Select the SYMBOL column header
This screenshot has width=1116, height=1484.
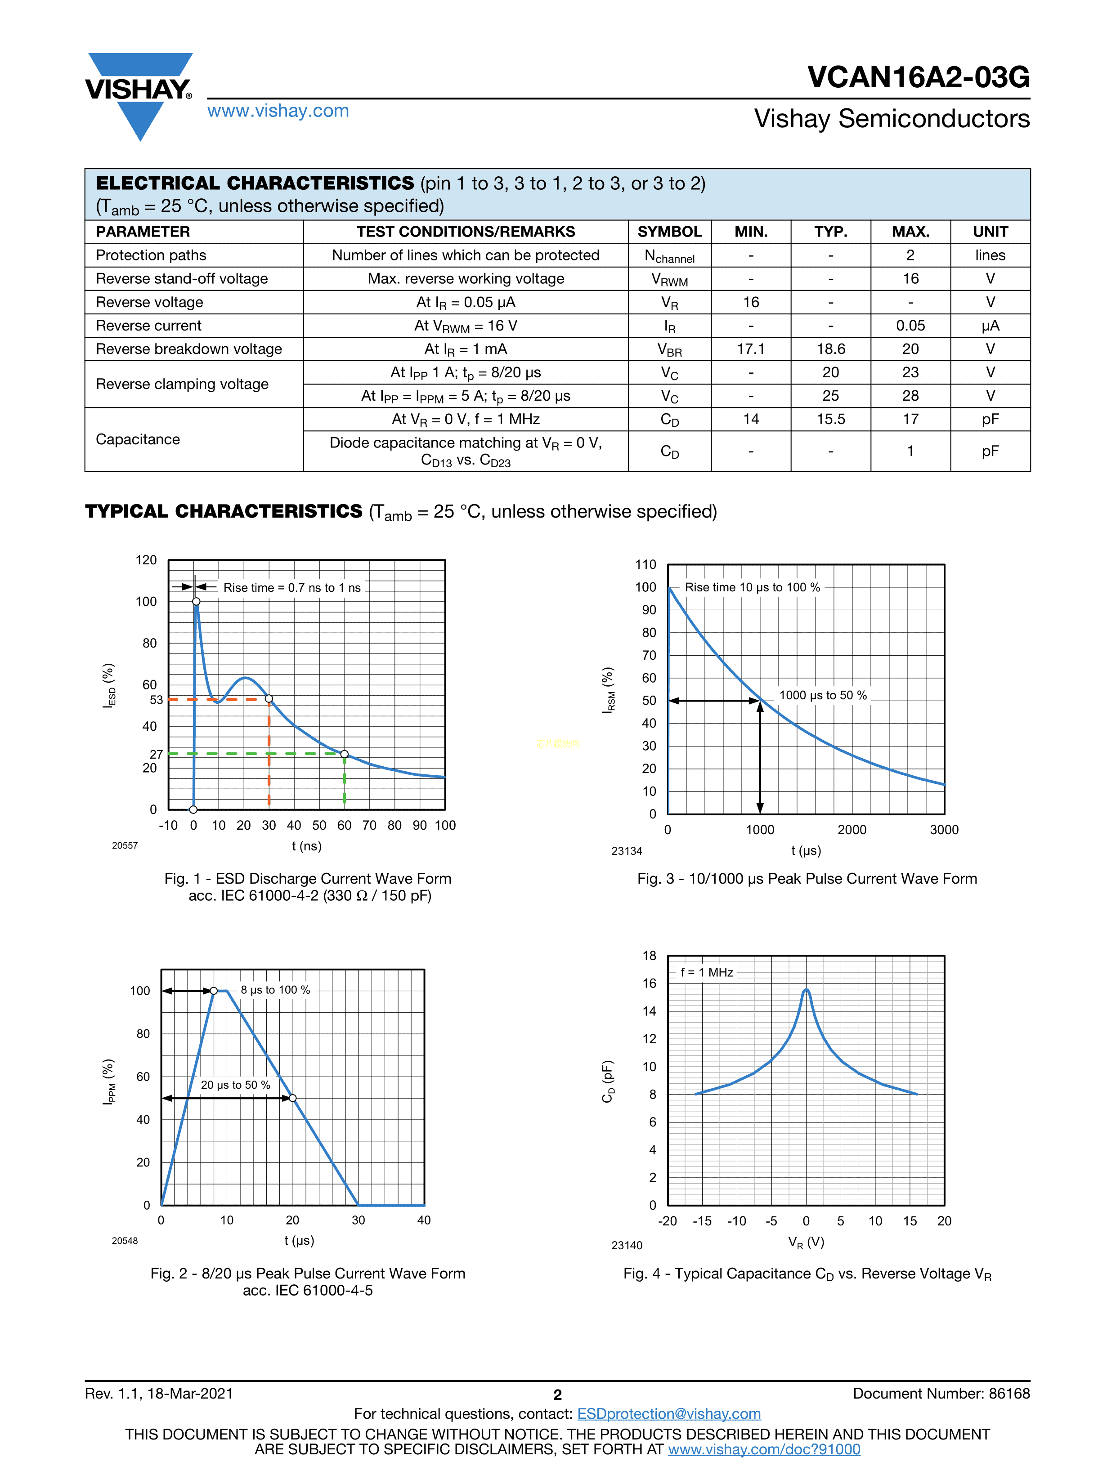point(669,232)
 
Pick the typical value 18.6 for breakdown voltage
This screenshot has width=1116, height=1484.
point(830,349)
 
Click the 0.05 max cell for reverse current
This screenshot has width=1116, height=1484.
point(910,326)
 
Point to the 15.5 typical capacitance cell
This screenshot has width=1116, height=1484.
point(830,419)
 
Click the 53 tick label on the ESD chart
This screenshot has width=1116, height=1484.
point(157,700)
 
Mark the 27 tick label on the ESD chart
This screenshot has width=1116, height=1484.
point(157,754)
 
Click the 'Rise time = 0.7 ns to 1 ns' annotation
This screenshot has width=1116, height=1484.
point(292,588)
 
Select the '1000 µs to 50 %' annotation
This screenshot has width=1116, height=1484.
point(823,695)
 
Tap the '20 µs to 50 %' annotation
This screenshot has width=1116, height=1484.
point(236,1085)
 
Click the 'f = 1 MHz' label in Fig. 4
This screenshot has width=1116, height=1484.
point(707,972)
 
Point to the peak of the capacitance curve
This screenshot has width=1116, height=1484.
point(806,990)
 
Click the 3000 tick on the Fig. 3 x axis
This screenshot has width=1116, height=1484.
point(944,830)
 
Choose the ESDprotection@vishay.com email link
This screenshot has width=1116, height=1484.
point(668,1413)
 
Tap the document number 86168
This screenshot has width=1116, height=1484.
point(1008,1394)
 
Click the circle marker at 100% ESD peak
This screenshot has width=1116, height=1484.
point(196,601)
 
